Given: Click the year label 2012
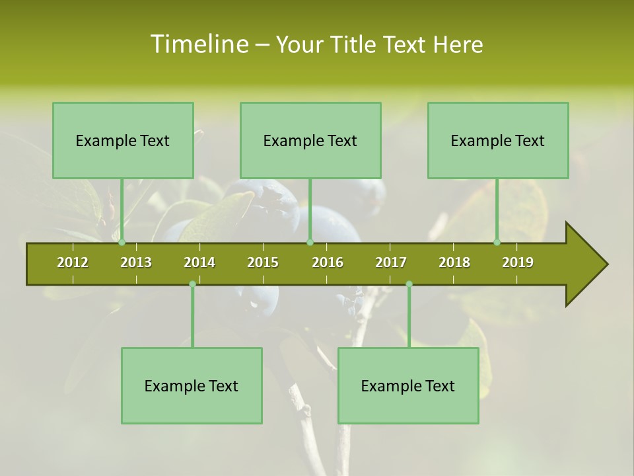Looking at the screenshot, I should [x=73, y=262].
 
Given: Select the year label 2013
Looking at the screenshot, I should [x=136, y=262].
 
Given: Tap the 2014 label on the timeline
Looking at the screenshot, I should [x=199, y=262].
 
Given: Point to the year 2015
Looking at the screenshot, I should [x=263, y=262].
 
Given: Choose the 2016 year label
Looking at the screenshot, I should [x=328, y=262].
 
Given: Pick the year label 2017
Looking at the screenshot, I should [x=391, y=262].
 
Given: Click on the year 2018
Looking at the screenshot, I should [x=454, y=262].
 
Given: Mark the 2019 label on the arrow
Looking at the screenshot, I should [x=518, y=262].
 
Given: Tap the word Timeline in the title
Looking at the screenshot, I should [x=199, y=44].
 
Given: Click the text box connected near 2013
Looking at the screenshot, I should [x=123, y=140].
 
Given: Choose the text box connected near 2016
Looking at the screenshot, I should [x=310, y=140].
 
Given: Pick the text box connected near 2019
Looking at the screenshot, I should [x=498, y=140].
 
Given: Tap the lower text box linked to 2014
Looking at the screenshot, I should [x=192, y=385].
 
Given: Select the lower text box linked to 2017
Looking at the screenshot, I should [x=408, y=385].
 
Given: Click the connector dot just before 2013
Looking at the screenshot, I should [x=122, y=243].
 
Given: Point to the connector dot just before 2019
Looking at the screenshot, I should [x=497, y=243].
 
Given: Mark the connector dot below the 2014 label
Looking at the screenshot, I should [x=192, y=284].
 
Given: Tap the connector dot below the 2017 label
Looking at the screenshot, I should [x=409, y=284].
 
